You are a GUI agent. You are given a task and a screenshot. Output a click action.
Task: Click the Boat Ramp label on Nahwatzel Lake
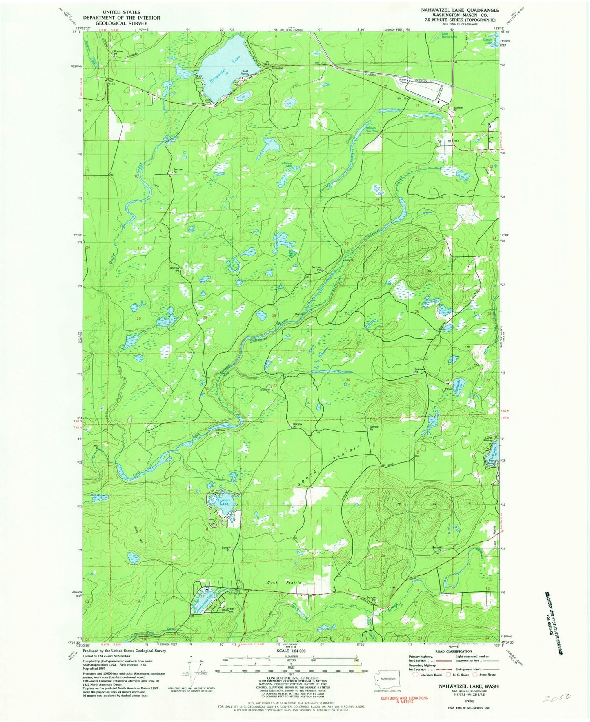(246, 71)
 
